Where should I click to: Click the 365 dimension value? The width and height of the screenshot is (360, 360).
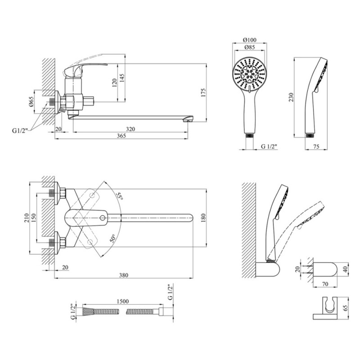(119, 136)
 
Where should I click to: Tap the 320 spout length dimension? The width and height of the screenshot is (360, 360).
(130, 129)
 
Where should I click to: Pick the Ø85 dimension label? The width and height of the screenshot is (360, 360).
(248, 47)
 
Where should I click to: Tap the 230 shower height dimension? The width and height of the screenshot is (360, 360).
(291, 97)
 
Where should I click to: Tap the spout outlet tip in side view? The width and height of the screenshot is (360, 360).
(189, 120)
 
